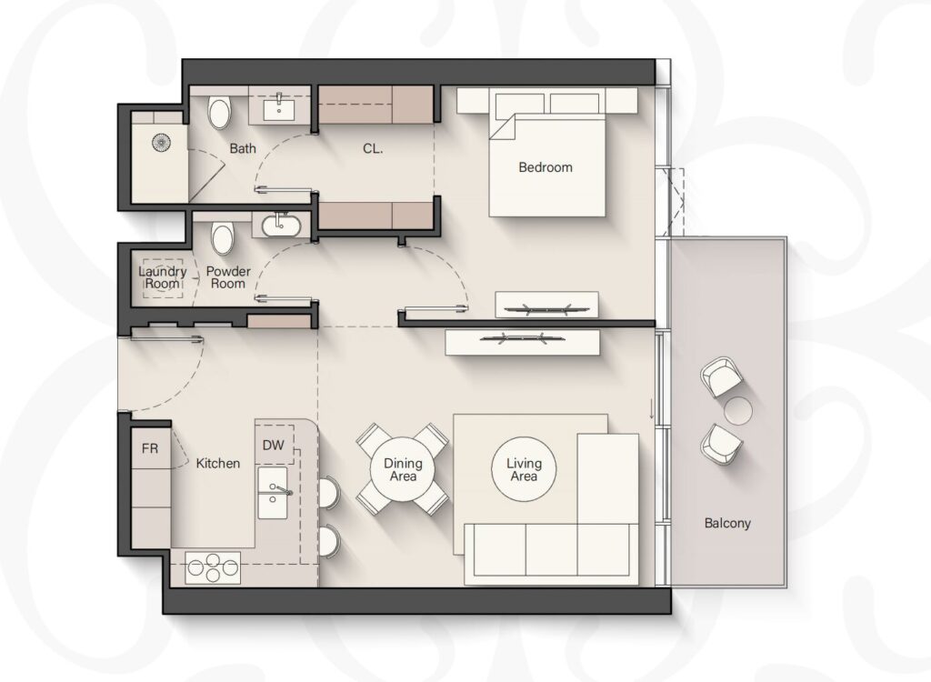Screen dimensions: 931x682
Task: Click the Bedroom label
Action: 546,167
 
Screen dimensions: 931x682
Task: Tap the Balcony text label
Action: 727,524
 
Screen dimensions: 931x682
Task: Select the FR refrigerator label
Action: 150,448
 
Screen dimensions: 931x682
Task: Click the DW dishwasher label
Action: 273,445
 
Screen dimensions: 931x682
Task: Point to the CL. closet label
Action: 373,148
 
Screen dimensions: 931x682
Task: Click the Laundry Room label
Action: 163,277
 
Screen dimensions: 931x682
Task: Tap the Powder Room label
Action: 228,277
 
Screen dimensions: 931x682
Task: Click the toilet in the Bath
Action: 219,112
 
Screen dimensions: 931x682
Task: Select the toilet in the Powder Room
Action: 224,237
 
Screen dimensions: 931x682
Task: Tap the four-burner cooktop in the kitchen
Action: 213,568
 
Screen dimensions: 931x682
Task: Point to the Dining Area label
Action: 403,469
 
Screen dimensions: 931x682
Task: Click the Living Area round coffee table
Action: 525,468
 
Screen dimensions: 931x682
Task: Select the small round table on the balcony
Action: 738,410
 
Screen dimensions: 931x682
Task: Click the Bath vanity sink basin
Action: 279,109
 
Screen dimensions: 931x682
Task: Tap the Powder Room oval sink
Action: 282,226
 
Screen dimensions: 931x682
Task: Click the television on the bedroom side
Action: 546,309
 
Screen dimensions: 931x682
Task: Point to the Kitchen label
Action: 218,464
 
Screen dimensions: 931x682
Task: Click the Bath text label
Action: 243,148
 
